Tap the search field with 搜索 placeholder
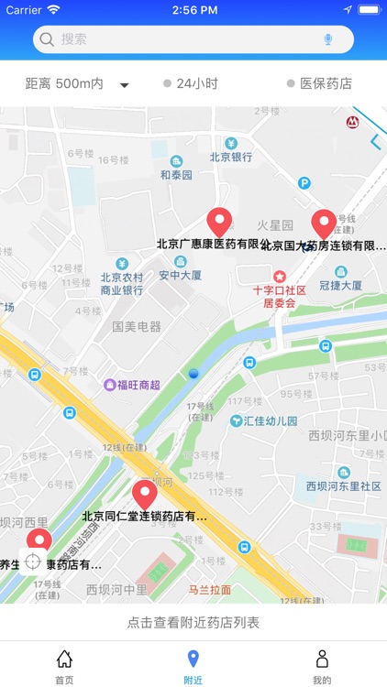tap(183, 39)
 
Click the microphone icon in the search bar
tap(328, 39)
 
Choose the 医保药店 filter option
tap(319, 84)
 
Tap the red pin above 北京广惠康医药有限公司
tap(218, 223)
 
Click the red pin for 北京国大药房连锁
tap(323, 224)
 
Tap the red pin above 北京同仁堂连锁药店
tap(145, 495)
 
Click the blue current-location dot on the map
tap(193, 373)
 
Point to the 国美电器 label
tap(137, 327)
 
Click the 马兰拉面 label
tap(210, 590)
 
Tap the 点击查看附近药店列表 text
tap(193, 623)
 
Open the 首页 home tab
tap(64, 666)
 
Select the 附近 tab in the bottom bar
tap(193, 666)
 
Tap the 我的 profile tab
tap(322, 666)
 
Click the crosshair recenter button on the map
tap(33, 562)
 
